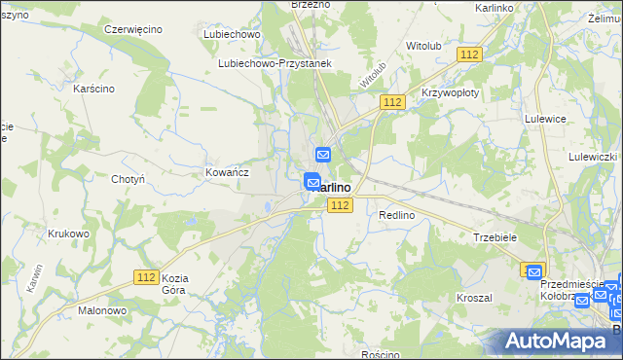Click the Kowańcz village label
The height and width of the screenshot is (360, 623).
228,171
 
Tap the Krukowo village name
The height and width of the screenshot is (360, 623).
68,234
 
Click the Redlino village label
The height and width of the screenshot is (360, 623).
397,215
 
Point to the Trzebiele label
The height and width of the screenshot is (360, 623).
495,236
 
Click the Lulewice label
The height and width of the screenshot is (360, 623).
546,118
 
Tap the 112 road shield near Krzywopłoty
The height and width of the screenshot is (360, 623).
393,102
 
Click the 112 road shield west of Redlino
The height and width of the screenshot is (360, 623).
340,204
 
